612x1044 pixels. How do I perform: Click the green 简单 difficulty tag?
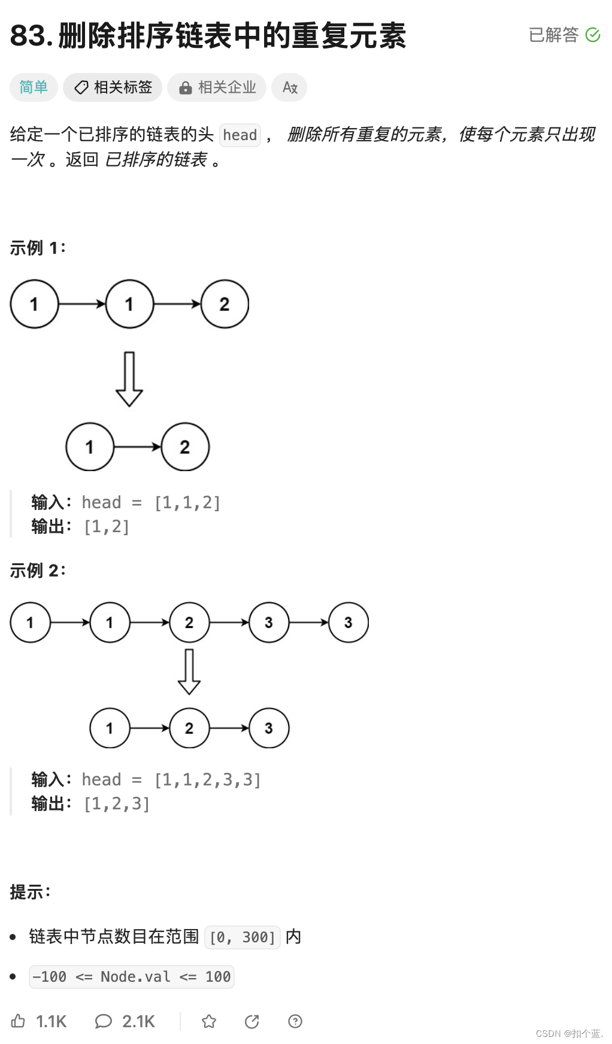[x=34, y=87]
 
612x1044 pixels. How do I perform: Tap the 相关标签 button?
[x=113, y=87]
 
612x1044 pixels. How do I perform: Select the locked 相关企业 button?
[x=217, y=87]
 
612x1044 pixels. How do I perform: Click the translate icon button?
[x=290, y=87]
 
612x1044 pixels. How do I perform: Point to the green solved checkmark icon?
[x=593, y=35]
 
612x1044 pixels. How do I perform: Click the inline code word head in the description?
[x=240, y=135]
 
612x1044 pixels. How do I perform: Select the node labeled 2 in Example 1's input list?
[x=225, y=304]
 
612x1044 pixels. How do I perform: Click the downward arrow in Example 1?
[x=129, y=379]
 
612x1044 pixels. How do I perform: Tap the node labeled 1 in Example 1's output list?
[x=90, y=447]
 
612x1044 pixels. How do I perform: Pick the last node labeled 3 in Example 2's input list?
[x=349, y=623]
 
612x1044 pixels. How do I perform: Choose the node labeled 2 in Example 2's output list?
[x=189, y=728]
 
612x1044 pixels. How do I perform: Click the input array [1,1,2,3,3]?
[x=208, y=779]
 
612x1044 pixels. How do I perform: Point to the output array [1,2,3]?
[x=117, y=803]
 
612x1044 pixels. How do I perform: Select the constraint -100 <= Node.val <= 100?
[x=131, y=976]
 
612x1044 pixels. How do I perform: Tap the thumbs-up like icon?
[x=19, y=1021]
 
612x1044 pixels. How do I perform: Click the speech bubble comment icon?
[x=103, y=1021]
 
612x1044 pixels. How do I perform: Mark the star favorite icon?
[x=209, y=1021]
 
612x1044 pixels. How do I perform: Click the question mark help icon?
[x=295, y=1021]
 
